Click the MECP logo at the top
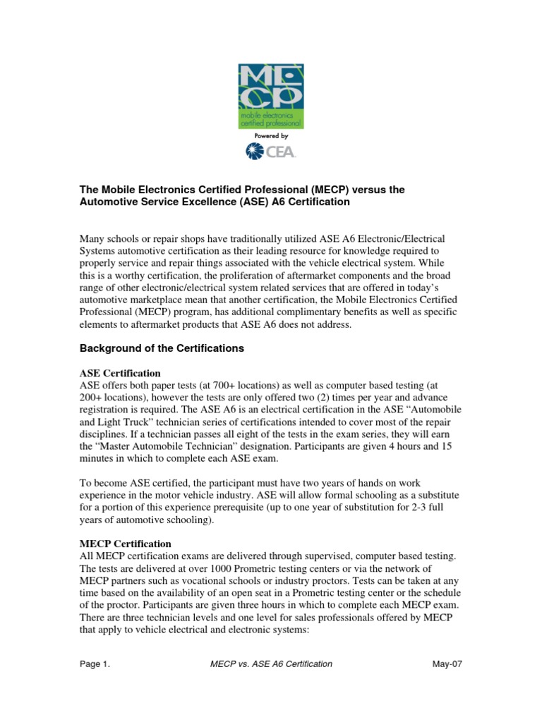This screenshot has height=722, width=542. (x=270, y=96)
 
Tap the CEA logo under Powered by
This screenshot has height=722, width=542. (x=270, y=150)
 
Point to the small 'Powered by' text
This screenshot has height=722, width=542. (x=270, y=136)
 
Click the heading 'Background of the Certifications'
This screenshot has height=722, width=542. (x=162, y=348)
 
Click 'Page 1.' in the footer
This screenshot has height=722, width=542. (x=95, y=664)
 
